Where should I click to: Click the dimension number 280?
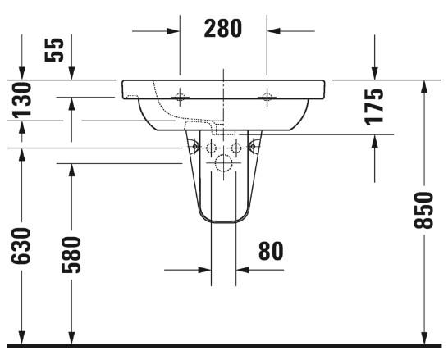(x=222, y=30)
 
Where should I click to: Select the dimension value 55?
(x=53, y=50)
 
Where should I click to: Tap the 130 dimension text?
(x=22, y=99)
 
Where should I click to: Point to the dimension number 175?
(x=373, y=106)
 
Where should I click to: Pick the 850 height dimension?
(x=423, y=212)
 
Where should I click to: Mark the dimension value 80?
(x=270, y=251)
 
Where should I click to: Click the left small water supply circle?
(x=211, y=148)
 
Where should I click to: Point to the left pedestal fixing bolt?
(x=194, y=147)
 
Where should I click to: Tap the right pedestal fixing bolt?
(x=250, y=147)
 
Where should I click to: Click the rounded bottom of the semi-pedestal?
(x=222, y=220)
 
